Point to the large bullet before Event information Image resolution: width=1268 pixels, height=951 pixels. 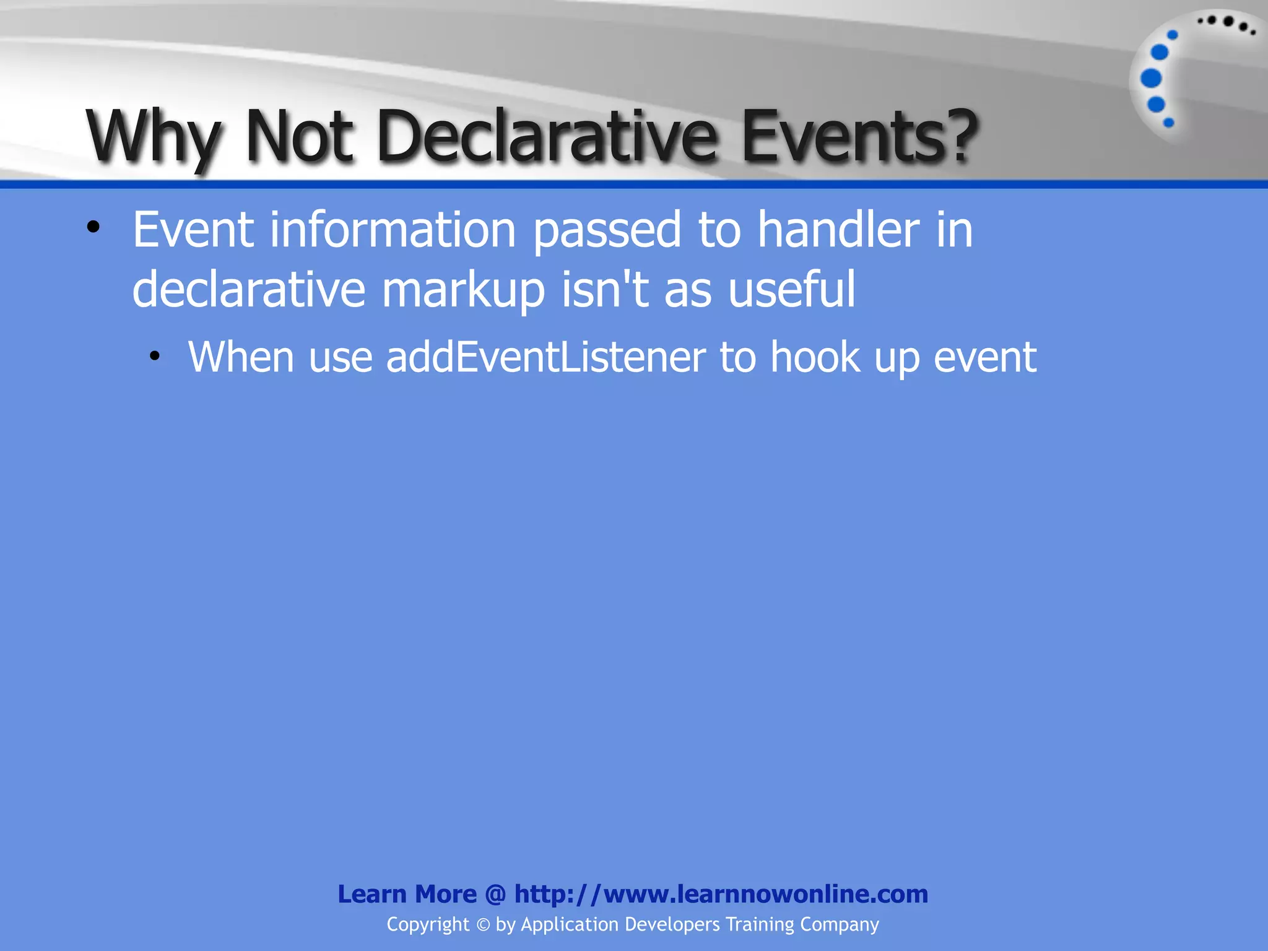pos(93,228)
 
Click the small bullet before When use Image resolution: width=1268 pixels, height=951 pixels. pos(155,357)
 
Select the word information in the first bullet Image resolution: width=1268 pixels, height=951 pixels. pos(393,230)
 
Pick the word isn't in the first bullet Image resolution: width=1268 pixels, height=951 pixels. pos(604,290)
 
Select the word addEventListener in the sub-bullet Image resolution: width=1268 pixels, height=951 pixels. pos(545,358)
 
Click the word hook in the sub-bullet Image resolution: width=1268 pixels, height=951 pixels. pos(815,358)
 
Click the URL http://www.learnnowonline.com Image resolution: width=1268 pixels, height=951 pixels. pos(721,894)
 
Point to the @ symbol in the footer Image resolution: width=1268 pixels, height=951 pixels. pos(495,894)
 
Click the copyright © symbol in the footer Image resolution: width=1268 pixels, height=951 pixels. pos(483,925)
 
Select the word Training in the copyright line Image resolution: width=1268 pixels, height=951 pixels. pos(760,924)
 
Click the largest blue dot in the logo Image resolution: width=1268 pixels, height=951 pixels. pos(1151,79)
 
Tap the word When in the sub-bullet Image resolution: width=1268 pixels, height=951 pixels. pos(241,358)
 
